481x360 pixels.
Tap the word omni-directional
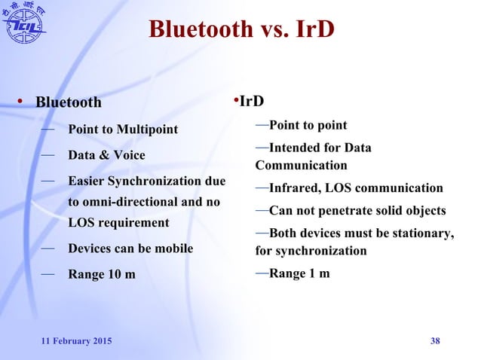pos(135,202)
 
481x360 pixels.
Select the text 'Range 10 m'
pos(102,273)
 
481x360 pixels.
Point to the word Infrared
pos(294,188)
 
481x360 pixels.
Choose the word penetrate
pos(354,210)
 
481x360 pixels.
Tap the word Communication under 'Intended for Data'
pos(301,165)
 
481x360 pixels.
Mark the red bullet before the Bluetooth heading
pos(23,102)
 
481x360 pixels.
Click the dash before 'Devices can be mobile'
pos(47,247)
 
